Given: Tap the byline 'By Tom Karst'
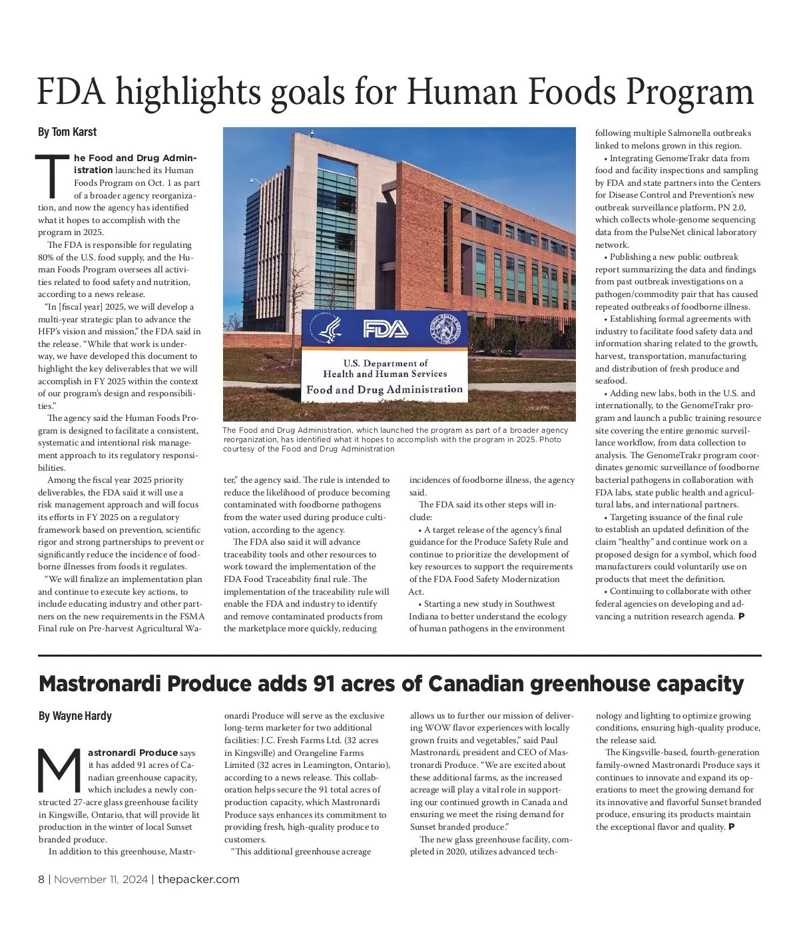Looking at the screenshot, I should [67, 133].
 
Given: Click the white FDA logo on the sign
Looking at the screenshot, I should [384, 329].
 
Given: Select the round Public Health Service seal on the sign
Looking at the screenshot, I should [443, 328].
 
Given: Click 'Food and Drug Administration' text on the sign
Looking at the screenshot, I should [384, 389].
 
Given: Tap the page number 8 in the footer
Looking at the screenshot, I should [41, 879].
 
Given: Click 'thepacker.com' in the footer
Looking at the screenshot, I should [198, 879].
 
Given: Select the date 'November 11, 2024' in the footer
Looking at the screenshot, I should [102, 879].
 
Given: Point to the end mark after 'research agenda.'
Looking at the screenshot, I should [741, 616].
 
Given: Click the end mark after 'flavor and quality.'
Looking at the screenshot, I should [731, 826].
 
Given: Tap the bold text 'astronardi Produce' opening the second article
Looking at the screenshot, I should [133, 753].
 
